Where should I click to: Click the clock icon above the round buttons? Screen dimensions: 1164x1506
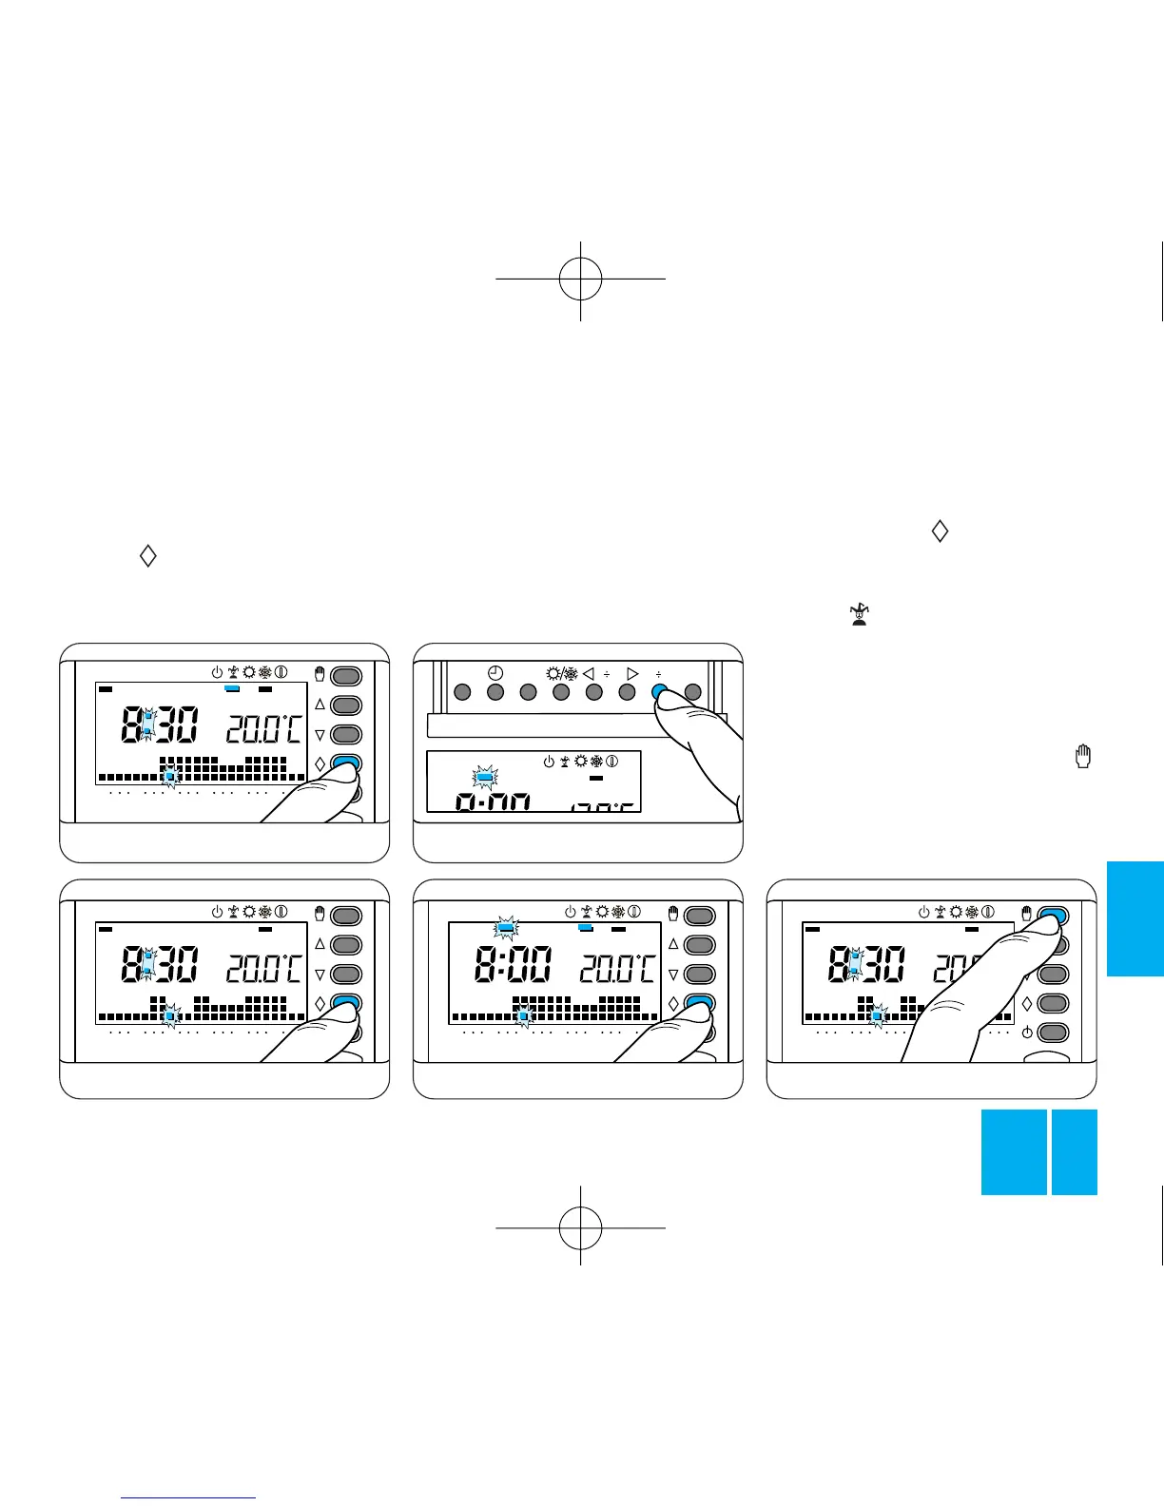(x=495, y=673)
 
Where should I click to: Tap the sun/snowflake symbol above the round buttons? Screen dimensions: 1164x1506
(x=561, y=673)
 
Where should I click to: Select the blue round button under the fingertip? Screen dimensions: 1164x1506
(x=659, y=693)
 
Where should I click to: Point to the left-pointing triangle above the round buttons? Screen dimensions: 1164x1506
(x=588, y=673)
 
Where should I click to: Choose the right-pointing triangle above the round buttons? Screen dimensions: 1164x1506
(x=632, y=673)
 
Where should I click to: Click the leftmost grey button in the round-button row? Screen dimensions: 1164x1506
(x=462, y=693)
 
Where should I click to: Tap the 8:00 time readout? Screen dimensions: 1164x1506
(x=512, y=969)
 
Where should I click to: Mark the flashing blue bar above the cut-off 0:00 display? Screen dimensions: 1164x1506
(x=485, y=777)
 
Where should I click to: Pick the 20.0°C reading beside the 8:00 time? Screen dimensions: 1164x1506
(x=617, y=969)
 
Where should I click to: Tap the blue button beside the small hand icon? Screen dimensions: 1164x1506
(x=1053, y=916)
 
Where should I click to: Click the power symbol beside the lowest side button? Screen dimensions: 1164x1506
(x=1027, y=1033)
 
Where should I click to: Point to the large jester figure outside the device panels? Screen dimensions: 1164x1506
(x=859, y=614)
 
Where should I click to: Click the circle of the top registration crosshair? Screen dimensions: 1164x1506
(x=580, y=279)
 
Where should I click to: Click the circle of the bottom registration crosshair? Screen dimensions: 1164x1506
(x=580, y=1227)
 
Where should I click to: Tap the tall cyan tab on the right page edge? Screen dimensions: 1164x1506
(x=1135, y=918)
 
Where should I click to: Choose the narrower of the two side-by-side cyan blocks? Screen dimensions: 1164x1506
(x=1075, y=1151)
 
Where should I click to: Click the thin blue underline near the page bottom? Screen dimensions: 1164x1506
(x=188, y=1498)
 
